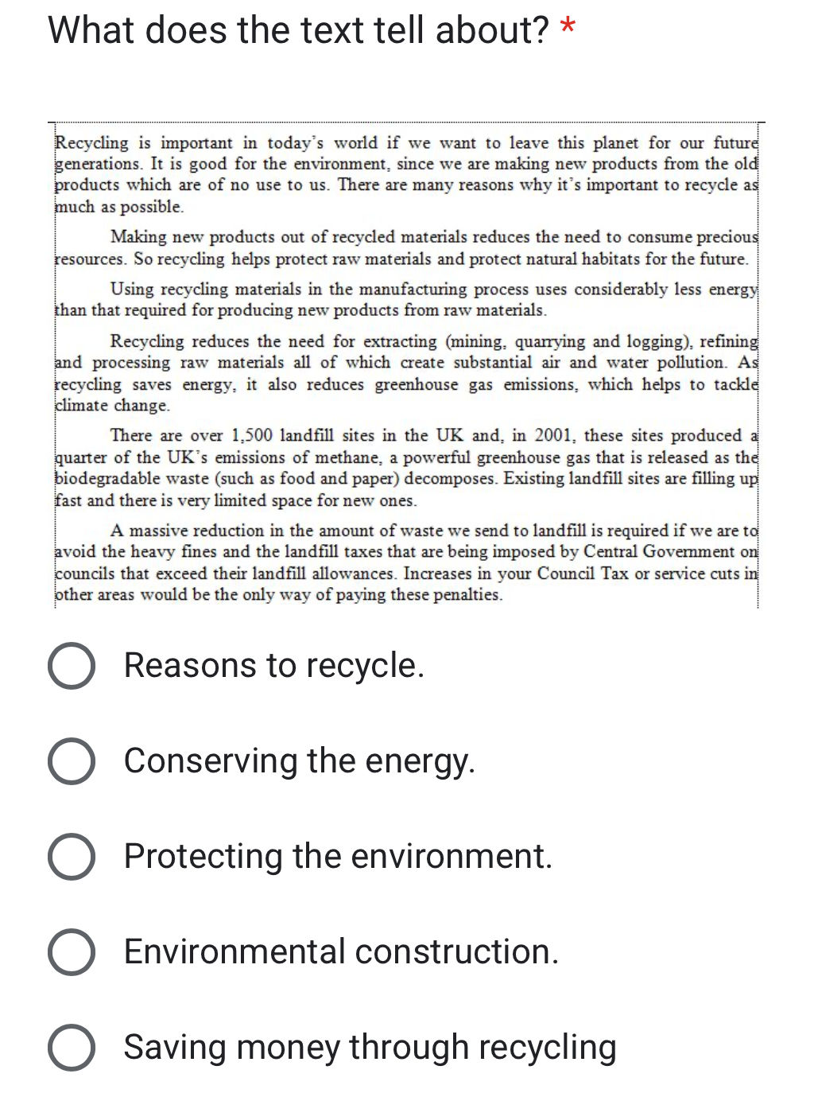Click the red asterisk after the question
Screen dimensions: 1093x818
(568, 27)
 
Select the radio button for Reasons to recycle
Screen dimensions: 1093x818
(72, 665)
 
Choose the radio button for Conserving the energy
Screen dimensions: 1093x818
(72, 760)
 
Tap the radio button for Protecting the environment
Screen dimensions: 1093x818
(72, 856)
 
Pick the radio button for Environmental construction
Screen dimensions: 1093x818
(72, 951)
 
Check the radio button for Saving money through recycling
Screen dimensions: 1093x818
(72, 1047)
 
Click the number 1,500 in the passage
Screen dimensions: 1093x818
(251, 436)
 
